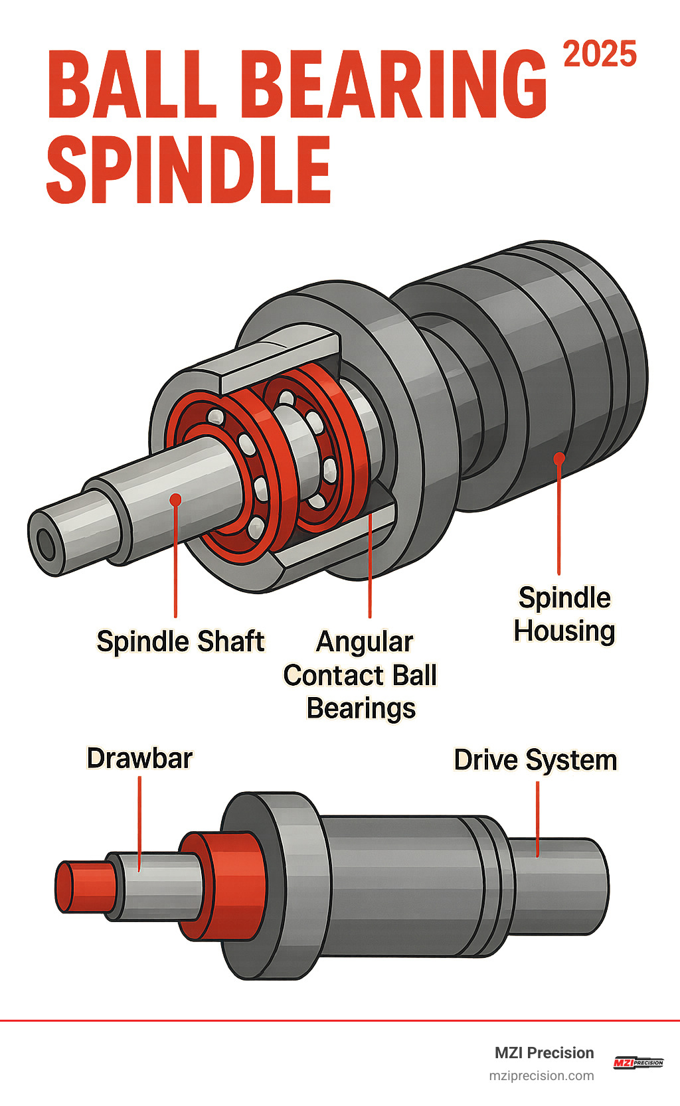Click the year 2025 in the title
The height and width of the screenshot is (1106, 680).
coord(600,54)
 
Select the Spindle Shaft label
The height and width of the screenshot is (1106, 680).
coord(180,641)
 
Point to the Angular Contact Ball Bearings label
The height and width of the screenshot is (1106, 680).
coord(361,674)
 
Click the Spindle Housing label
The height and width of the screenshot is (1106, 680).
coord(564,614)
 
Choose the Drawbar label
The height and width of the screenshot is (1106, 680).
coord(139,758)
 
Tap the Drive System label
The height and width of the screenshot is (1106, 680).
coord(535,760)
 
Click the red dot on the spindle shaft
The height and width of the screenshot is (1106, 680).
coord(175,500)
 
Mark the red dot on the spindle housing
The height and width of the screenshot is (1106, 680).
coord(559,458)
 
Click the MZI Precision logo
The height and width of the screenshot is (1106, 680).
coord(637,1062)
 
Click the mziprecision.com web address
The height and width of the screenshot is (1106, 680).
coord(541,1075)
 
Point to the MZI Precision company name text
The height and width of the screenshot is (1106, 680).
coord(544,1053)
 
